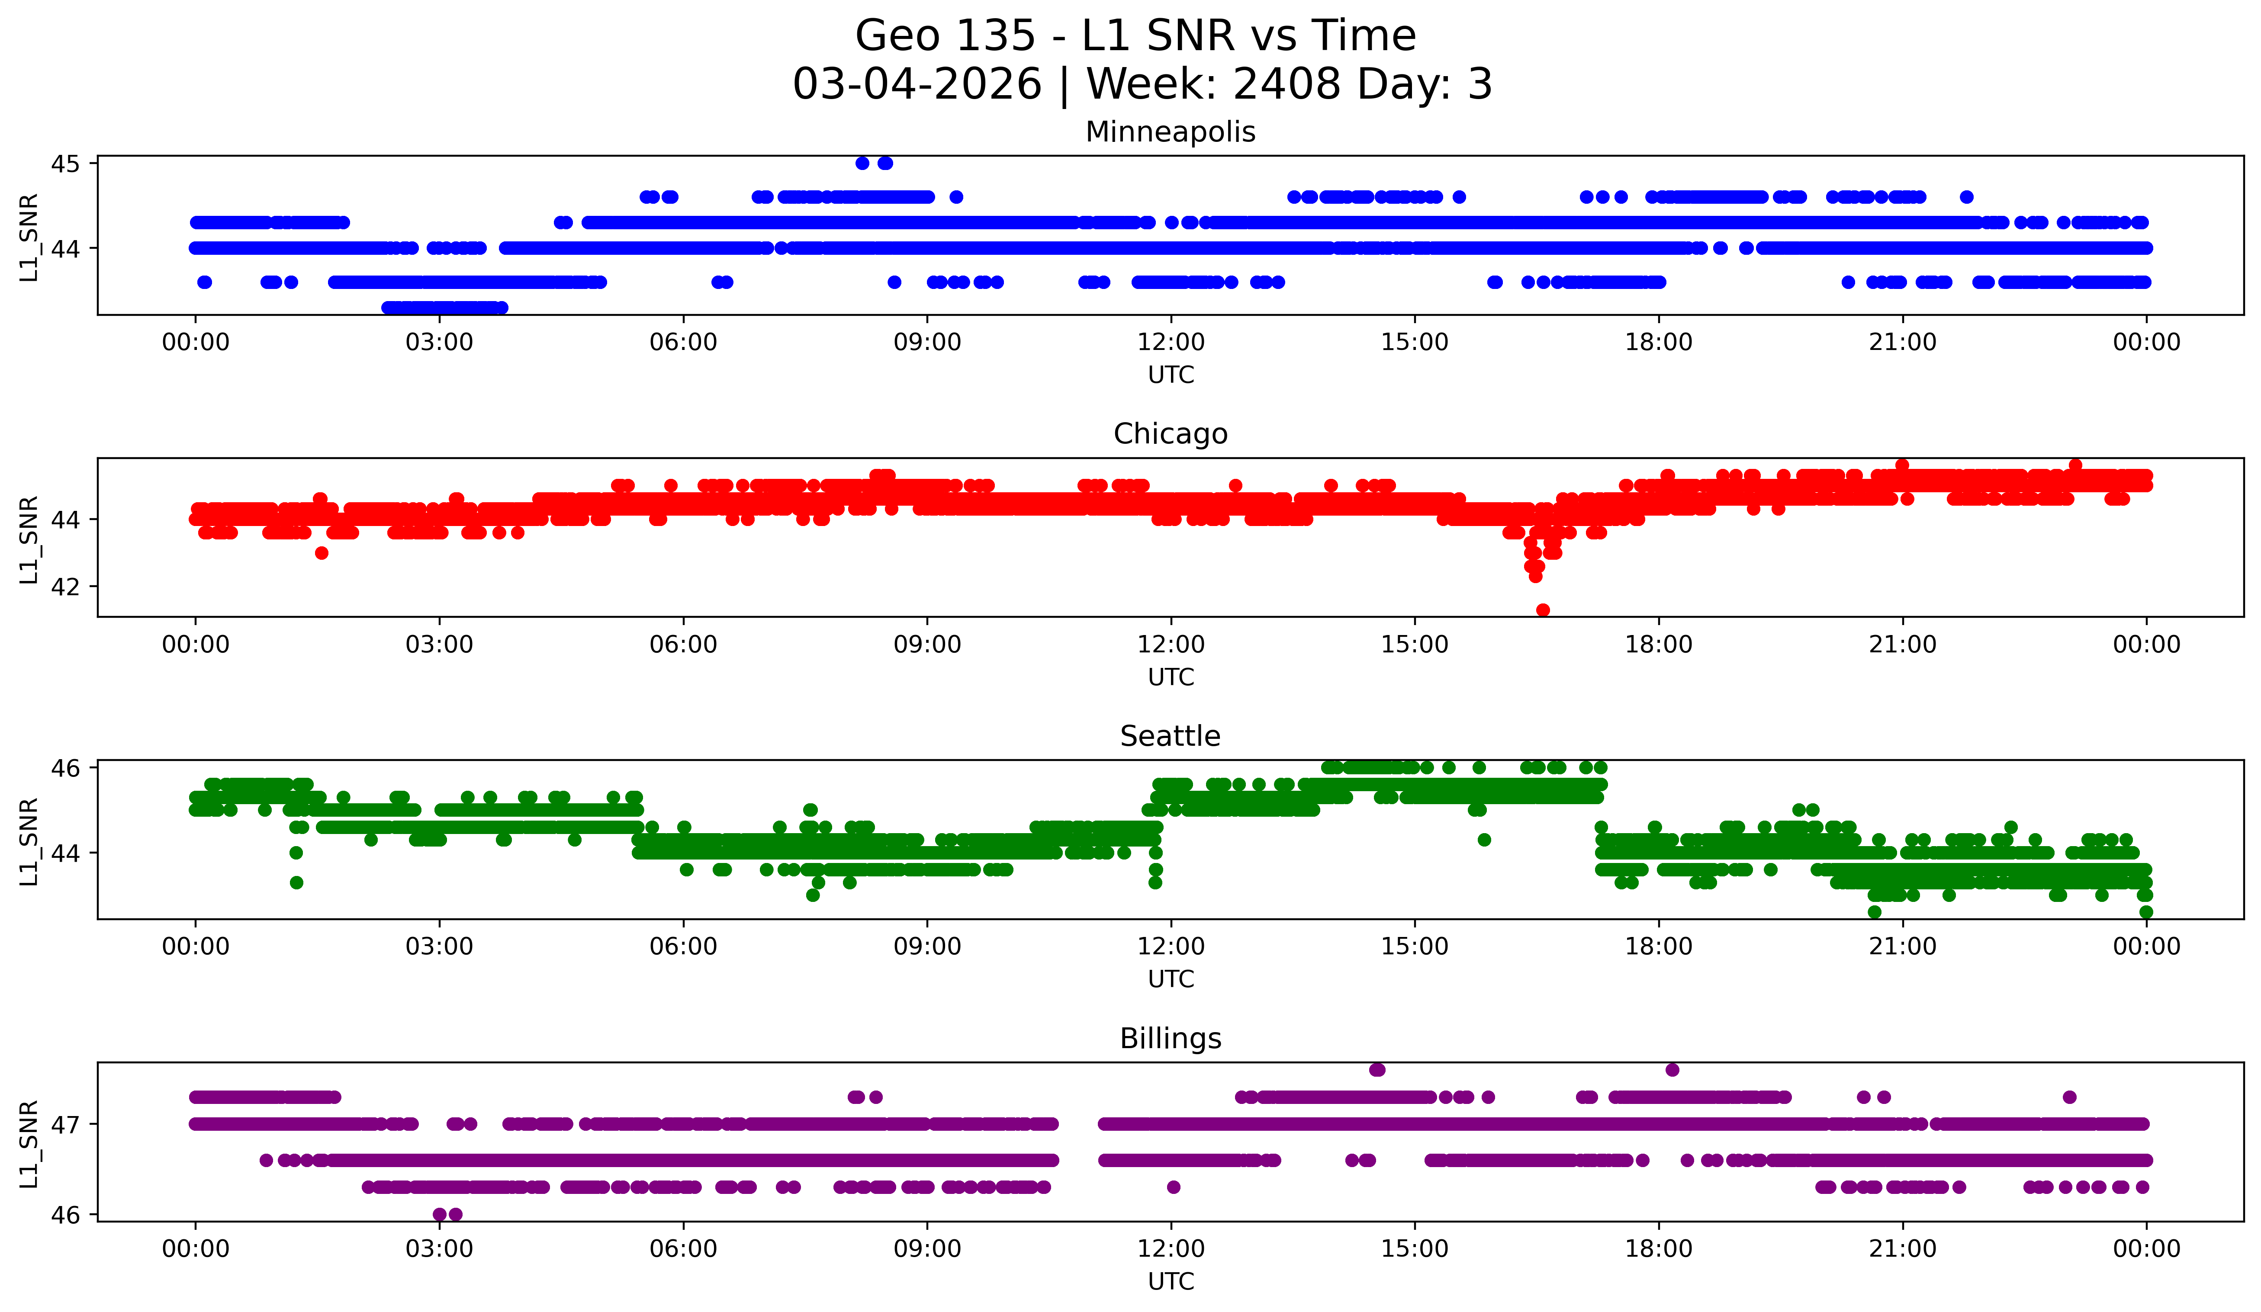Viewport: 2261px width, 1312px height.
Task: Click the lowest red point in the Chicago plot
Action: [1542, 610]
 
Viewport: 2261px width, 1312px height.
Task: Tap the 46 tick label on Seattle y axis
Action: [64, 768]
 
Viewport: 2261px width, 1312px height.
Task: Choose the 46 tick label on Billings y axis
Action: [64, 1215]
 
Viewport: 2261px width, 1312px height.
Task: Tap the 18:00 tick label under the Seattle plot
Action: [1658, 947]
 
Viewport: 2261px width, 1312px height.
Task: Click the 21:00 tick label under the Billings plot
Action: [1902, 1249]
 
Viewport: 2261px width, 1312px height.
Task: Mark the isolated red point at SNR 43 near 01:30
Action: [321, 552]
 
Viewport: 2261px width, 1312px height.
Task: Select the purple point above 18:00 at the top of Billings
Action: [1672, 1070]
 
